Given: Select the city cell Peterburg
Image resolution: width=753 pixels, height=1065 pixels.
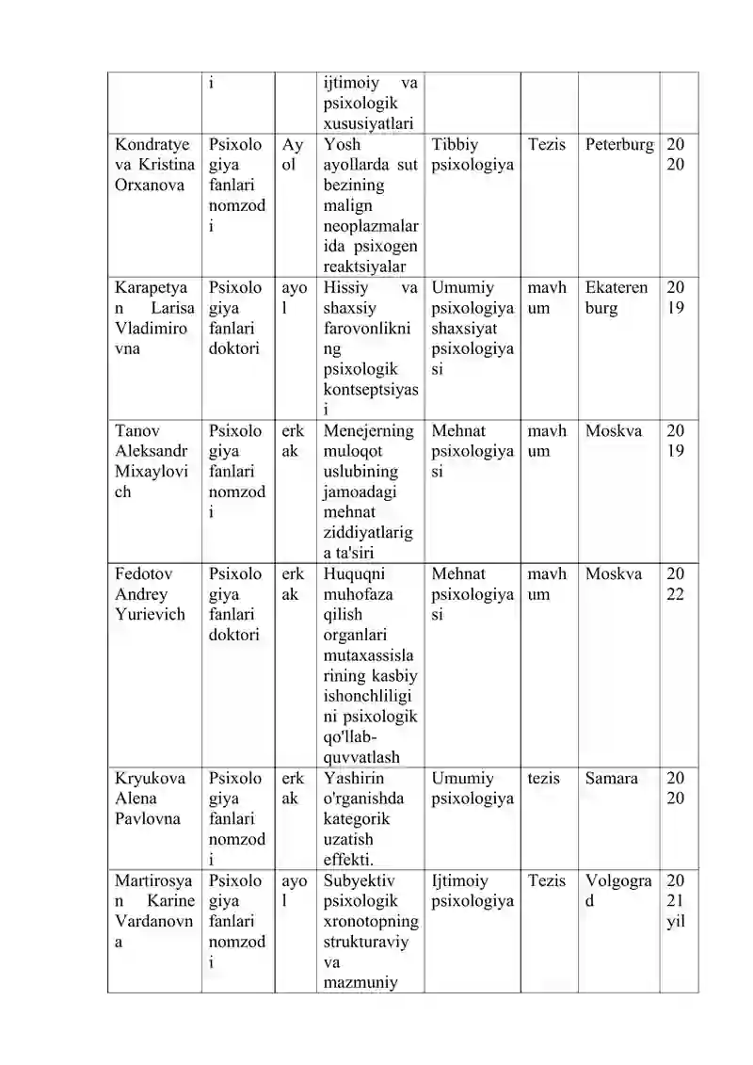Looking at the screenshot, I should pyautogui.click(x=618, y=145).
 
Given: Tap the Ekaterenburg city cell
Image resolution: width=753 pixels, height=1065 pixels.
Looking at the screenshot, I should pyautogui.click(x=617, y=298).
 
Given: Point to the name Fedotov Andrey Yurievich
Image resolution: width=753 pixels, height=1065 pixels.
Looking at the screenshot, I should pyautogui.click(x=151, y=594).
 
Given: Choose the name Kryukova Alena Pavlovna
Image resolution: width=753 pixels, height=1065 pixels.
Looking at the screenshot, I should pyautogui.click(x=151, y=799).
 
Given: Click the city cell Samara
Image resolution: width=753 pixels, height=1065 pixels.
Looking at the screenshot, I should pyautogui.click(x=612, y=779).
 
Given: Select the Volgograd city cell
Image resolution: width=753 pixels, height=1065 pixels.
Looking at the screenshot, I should pyautogui.click(x=618, y=891).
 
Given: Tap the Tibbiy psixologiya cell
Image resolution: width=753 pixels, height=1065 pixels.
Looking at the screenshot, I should pyautogui.click(x=473, y=155).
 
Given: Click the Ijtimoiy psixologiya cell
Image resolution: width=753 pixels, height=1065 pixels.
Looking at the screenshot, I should pyautogui.click(x=473, y=891).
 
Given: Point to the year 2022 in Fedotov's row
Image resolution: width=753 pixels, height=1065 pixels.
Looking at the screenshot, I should pyautogui.click(x=676, y=584).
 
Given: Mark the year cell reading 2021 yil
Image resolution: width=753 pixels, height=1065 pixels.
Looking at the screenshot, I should pyautogui.click(x=676, y=901).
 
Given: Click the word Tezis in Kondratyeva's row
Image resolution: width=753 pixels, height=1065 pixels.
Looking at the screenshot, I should pyautogui.click(x=547, y=145).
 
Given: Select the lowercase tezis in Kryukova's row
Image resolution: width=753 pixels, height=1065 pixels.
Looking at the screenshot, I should pyautogui.click(x=544, y=779).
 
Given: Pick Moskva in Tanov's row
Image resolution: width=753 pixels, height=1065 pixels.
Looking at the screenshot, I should pyautogui.click(x=614, y=431).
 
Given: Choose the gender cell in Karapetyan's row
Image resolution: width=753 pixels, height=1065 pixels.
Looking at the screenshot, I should pyautogui.click(x=295, y=298).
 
